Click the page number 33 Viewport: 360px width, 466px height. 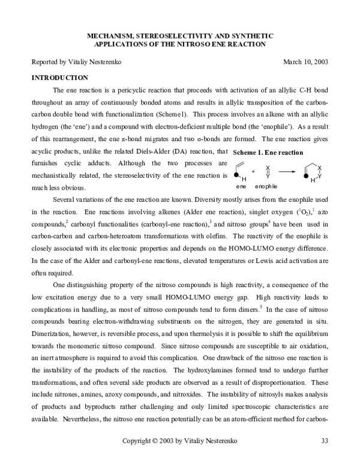(x=325, y=441)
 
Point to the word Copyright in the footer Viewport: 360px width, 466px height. (x=137, y=441)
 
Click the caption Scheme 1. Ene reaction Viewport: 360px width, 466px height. (x=268, y=153)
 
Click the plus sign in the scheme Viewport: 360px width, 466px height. (x=253, y=172)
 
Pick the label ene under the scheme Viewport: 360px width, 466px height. (x=241, y=187)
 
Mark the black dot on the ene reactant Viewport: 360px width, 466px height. (x=236, y=174)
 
